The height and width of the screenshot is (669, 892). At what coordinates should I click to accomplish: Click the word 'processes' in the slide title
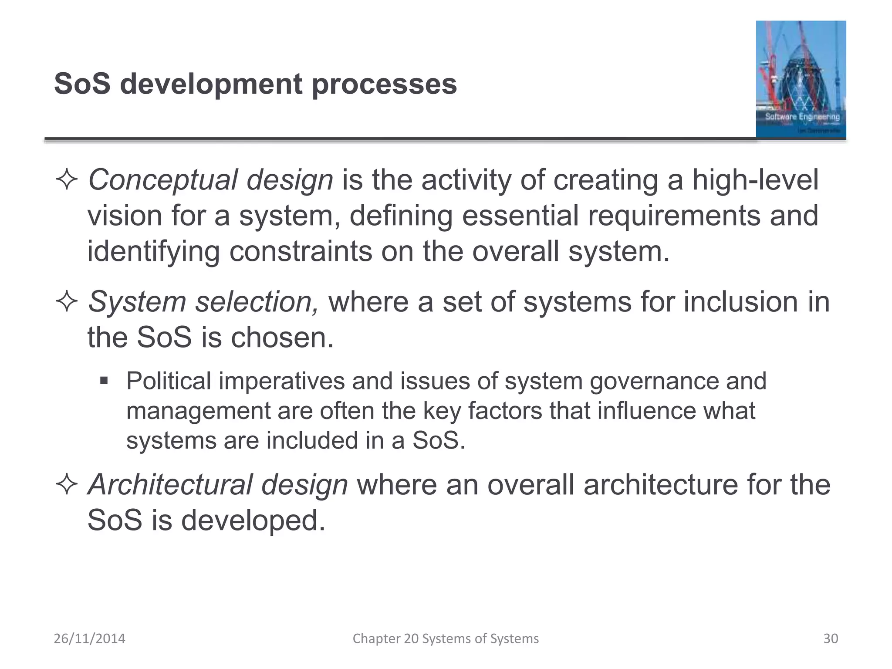pyautogui.click(x=384, y=84)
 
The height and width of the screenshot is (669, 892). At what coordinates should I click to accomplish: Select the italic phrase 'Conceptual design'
pyautogui.click(x=210, y=180)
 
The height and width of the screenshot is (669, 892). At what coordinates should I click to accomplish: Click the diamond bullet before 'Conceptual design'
pyautogui.click(x=67, y=180)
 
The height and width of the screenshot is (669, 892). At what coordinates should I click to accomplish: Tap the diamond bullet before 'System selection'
pyautogui.click(x=67, y=302)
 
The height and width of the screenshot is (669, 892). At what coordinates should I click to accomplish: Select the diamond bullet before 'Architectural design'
pyautogui.click(x=67, y=485)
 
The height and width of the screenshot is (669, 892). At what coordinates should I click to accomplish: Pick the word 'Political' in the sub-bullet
pyautogui.click(x=169, y=381)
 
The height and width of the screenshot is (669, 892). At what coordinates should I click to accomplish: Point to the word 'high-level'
pyautogui.click(x=755, y=180)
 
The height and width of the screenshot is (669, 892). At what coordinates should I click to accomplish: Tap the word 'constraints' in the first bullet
pyautogui.click(x=301, y=252)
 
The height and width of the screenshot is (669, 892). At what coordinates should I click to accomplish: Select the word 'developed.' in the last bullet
pyautogui.click(x=253, y=520)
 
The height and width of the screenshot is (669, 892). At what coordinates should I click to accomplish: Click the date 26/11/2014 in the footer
pyautogui.click(x=89, y=639)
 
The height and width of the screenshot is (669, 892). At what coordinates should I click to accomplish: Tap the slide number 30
pyautogui.click(x=830, y=639)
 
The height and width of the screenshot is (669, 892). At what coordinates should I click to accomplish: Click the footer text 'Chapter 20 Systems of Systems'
pyautogui.click(x=446, y=639)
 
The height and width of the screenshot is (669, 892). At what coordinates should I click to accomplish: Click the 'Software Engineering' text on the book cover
pyautogui.click(x=802, y=117)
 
